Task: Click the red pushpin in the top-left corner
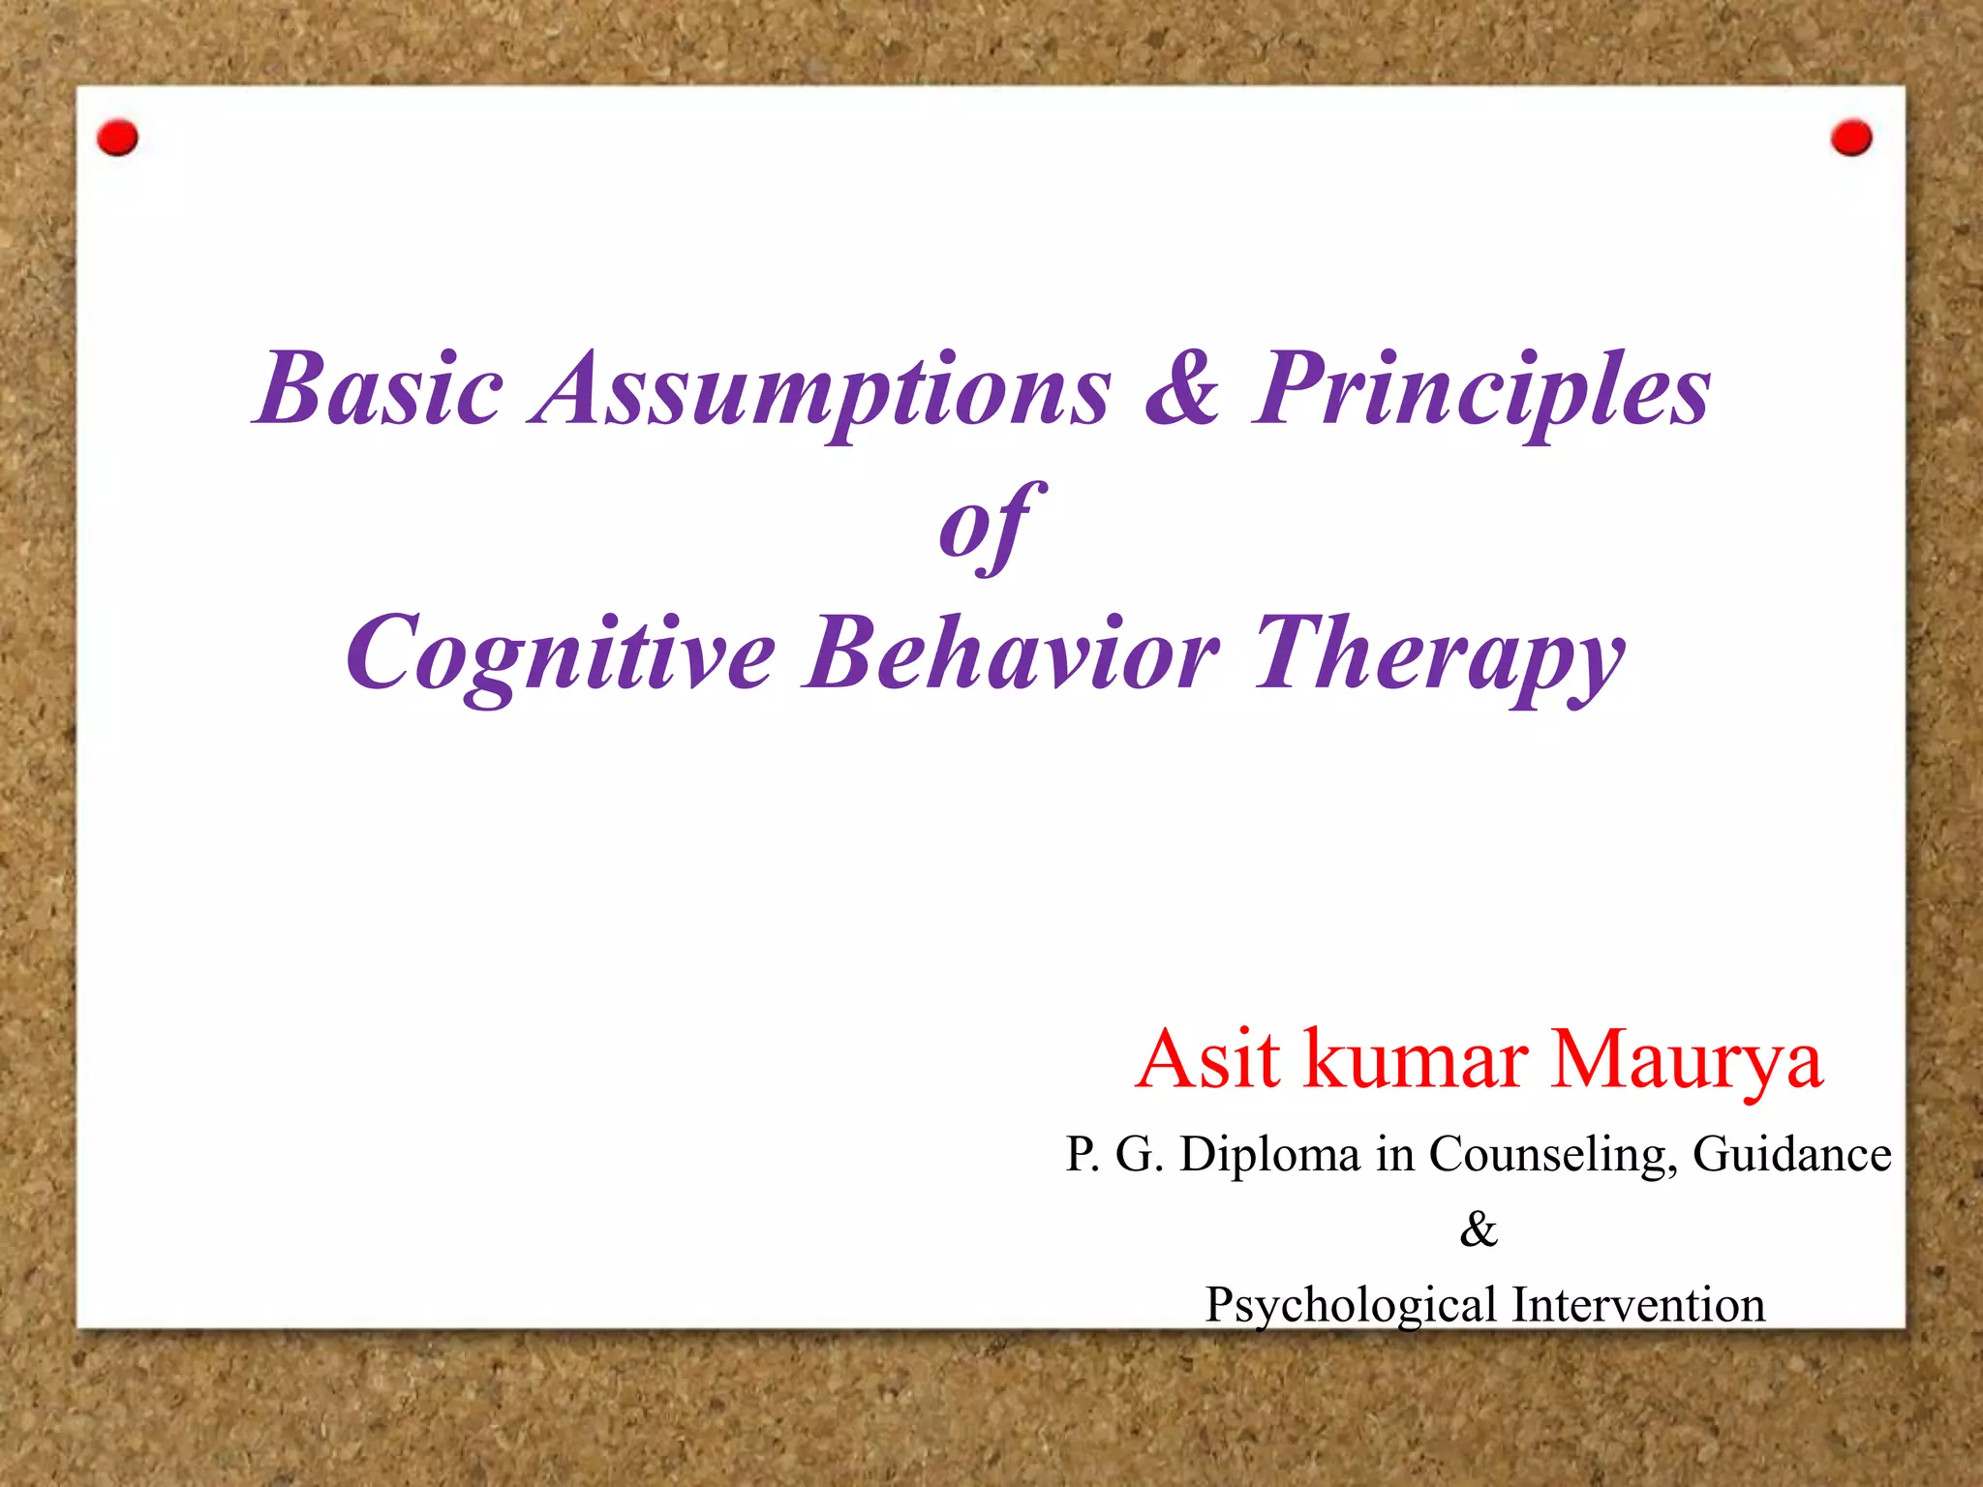coord(118,138)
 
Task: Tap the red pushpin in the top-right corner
coord(1851,138)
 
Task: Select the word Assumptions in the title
coord(823,389)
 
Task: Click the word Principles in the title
coord(1481,389)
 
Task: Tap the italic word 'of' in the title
coord(990,526)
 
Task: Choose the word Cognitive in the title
coord(562,656)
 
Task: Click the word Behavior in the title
coord(1011,654)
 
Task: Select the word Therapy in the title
coord(1439,656)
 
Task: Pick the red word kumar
coord(1416,1059)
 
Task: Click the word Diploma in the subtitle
coord(1269,1155)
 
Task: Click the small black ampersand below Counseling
coord(1479,1229)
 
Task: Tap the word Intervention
coord(1638,1304)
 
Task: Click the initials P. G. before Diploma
coord(1114,1155)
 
